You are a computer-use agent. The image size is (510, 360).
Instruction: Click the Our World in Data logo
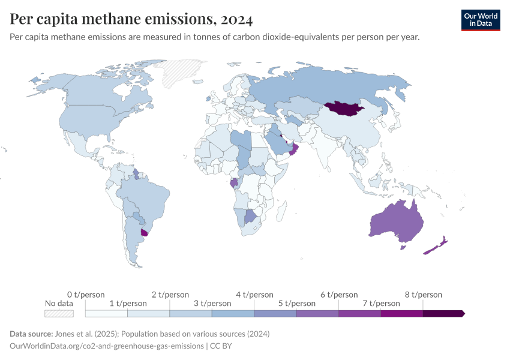coord(480,20)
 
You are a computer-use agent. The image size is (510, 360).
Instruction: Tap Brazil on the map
coord(144,198)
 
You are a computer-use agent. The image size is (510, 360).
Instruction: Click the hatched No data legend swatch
coord(59,313)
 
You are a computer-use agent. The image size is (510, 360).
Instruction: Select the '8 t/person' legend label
coord(423,295)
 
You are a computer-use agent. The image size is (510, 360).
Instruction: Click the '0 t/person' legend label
coord(86,295)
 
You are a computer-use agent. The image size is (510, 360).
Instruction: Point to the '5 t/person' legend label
coord(296,304)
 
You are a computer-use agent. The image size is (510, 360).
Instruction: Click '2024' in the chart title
coord(236,19)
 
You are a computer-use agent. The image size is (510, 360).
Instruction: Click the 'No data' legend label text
coord(59,304)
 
